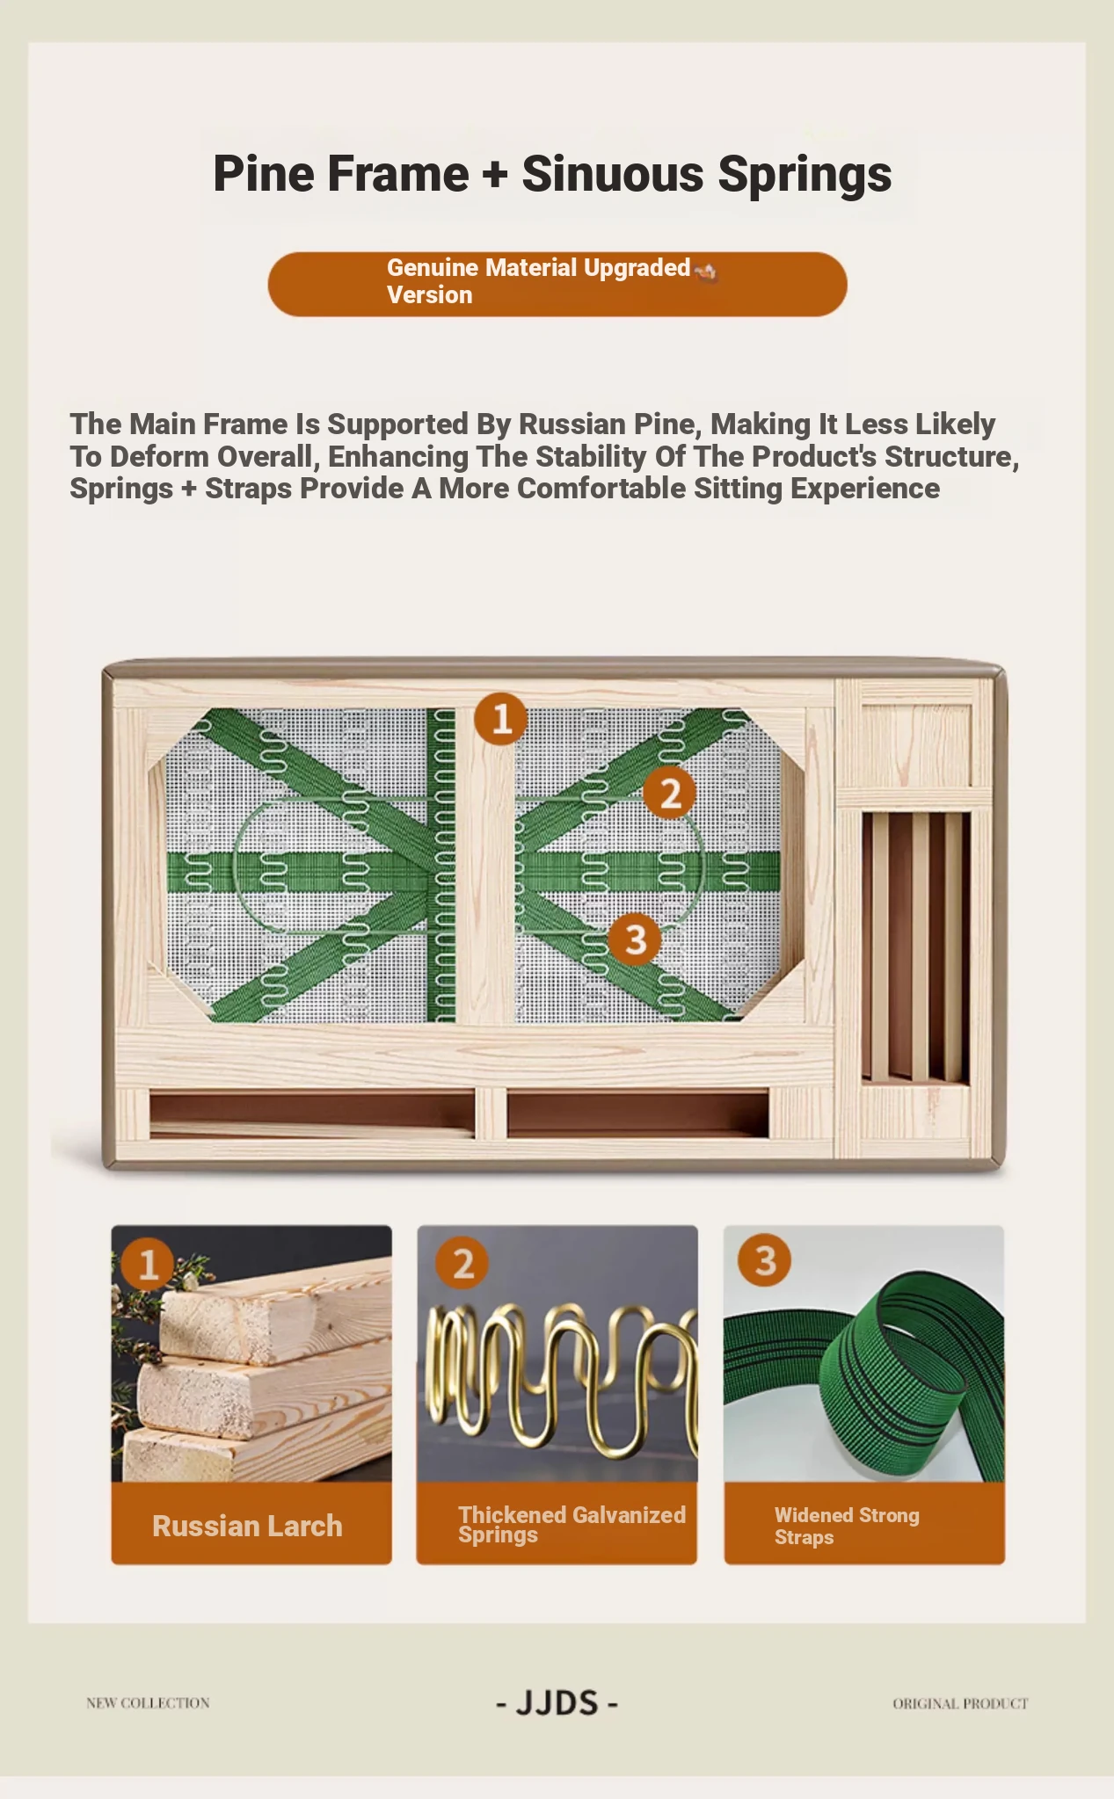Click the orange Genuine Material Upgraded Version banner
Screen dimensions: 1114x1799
[557, 284]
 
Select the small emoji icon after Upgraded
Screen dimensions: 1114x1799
[706, 270]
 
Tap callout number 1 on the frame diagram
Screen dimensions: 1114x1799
[500, 719]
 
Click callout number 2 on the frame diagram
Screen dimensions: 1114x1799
[670, 793]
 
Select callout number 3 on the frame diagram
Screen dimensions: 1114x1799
[636, 939]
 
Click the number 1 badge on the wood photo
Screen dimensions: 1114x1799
[148, 1264]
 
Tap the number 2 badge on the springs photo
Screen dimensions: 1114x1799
[462, 1264]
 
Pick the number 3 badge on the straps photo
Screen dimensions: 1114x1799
[765, 1260]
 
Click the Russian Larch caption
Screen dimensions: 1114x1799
[247, 1526]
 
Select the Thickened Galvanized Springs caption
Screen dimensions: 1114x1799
[572, 1524]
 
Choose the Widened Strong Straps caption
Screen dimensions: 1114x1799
[847, 1526]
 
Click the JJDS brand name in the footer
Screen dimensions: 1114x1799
[557, 1703]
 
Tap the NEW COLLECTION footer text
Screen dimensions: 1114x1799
[148, 1702]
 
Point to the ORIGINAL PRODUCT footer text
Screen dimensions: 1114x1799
[960, 1703]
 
